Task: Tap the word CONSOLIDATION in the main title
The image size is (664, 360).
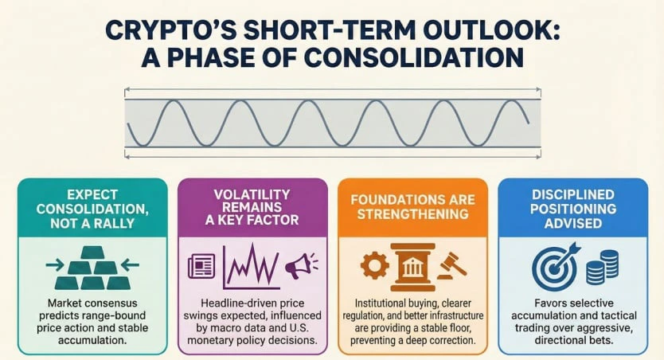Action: (414, 57)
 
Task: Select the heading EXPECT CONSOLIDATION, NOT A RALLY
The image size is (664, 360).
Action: (92, 209)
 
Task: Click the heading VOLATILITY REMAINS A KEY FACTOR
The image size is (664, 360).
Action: (252, 207)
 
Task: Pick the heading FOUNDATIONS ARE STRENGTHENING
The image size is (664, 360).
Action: (413, 207)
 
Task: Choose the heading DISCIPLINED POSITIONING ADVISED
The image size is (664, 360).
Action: (573, 209)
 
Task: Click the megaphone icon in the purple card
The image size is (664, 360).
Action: (301, 265)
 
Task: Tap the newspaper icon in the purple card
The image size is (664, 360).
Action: (201, 266)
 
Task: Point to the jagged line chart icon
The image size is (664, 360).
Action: (251, 266)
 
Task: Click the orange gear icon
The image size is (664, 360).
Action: (375, 265)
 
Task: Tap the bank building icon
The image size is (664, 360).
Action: (413, 268)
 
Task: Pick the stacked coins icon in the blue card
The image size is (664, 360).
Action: (602, 267)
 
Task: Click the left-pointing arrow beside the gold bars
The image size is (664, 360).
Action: (130, 265)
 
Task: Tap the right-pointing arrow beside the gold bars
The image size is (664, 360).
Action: (55, 265)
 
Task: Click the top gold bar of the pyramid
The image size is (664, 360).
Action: (92, 252)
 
